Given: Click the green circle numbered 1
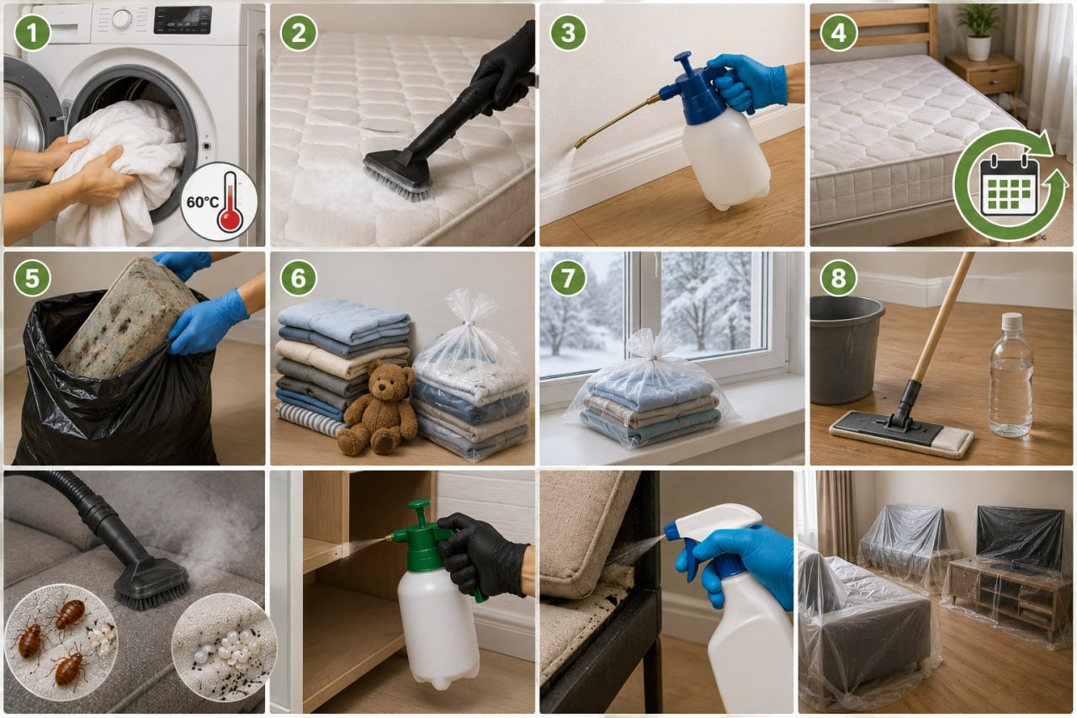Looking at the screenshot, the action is pyautogui.click(x=32, y=33).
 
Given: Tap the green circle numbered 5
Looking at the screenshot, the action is pyautogui.click(x=32, y=279).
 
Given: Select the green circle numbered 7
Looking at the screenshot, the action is pyautogui.click(x=568, y=278).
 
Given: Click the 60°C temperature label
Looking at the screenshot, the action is pyautogui.click(x=203, y=202).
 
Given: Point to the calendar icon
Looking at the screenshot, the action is pyautogui.click(x=1009, y=184).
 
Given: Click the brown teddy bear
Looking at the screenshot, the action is pyautogui.click(x=378, y=409).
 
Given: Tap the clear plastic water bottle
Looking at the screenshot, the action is pyautogui.click(x=1011, y=375).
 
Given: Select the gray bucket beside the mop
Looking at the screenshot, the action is pyautogui.click(x=846, y=349).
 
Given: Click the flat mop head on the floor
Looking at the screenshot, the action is pyautogui.click(x=901, y=434).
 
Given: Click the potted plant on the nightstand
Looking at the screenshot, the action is pyautogui.click(x=979, y=32).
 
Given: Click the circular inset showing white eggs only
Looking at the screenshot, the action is pyautogui.click(x=224, y=646).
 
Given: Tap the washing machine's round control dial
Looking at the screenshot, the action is pyautogui.click(x=122, y=19).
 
